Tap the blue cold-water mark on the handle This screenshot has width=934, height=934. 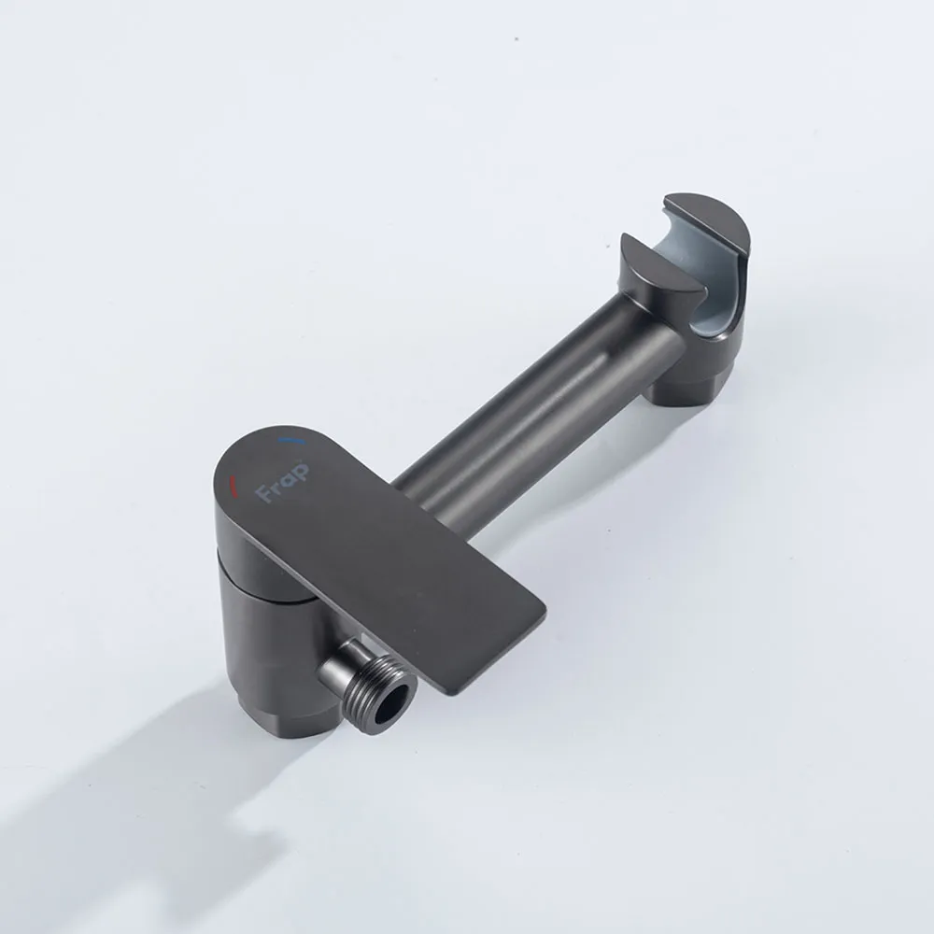pyautogui.click(x=291, y=442)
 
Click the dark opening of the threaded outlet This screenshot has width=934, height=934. pyautogui.click(x=395, y=698)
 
